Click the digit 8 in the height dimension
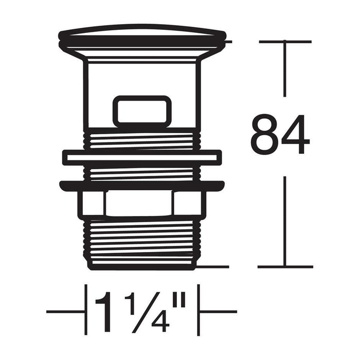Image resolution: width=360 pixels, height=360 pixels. coord(265,134)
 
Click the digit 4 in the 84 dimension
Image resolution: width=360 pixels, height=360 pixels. coord(296,134)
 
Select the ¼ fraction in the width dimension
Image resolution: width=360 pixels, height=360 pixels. coord(147,313)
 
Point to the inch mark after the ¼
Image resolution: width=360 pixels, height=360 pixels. coord(179,300)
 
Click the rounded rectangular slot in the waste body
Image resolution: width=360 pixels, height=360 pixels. coord(142,112)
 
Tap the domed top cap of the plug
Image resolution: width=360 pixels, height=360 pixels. coord(142,34)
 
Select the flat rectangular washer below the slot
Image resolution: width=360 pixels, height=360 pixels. coord(142,157)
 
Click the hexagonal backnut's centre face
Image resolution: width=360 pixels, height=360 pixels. coord(139,203)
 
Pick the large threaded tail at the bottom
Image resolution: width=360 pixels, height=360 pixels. coord(142,243)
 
